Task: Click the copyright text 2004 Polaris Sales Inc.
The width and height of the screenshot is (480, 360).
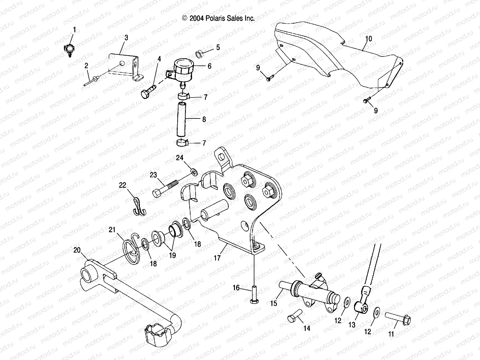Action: (218, 19)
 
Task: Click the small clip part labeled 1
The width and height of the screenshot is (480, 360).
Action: (69, 49)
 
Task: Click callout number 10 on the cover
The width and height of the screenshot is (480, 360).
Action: (369, 39)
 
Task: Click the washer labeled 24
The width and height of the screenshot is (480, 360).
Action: (194, 172)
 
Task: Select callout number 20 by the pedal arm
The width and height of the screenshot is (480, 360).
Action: (77, 250)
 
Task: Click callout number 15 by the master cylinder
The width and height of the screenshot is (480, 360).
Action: (274, 304)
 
